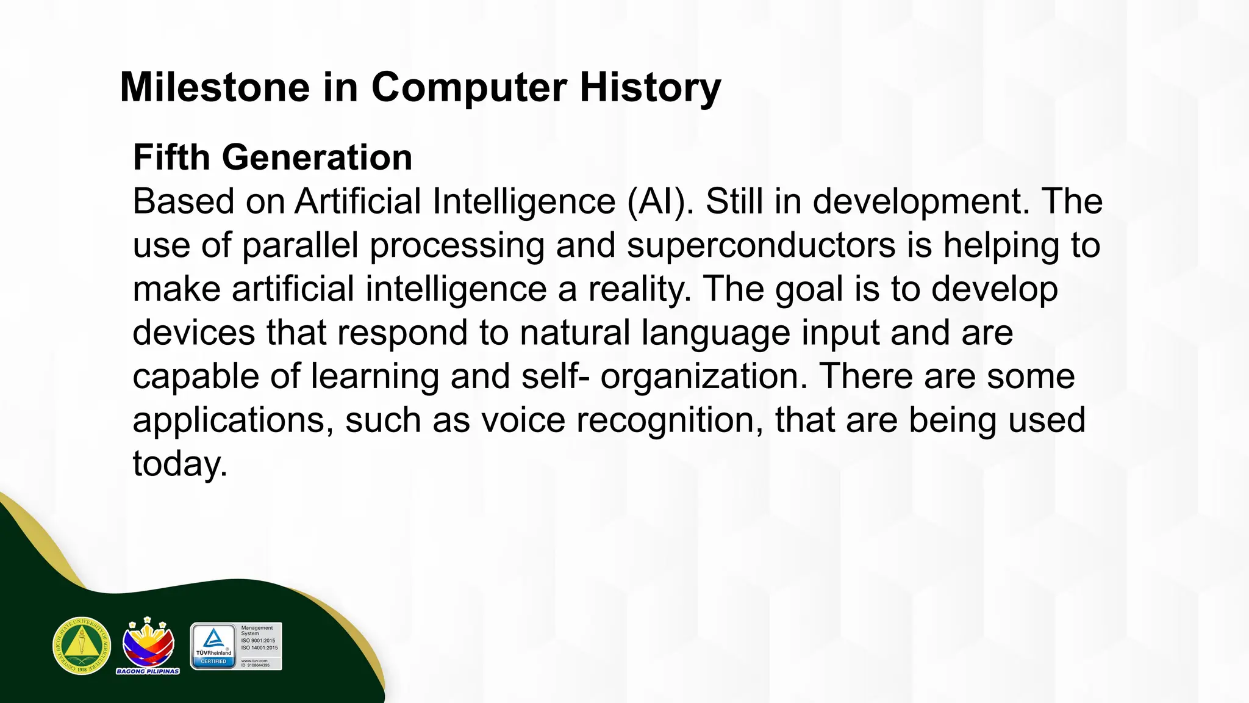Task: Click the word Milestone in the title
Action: (x=215, y=87)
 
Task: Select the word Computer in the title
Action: (x=469, y=87)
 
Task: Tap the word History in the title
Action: (x=650, y=87)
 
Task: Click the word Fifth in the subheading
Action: (x=171, y=157)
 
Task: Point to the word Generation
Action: (x=317, y=157)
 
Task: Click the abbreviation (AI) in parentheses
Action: (x=660, y=201)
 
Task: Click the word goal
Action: (x=809, y=289)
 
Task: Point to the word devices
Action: (x=193, y=333)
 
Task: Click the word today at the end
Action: (x=179, y=464)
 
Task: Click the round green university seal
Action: (x=82, y=646)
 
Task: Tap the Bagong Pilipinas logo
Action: (x=148, y=646)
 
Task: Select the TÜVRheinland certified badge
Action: (x=213, y=646)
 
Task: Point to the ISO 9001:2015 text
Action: (x=258, y=641)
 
